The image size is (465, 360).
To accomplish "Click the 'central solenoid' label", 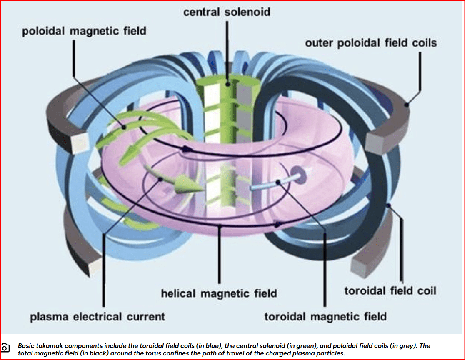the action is click(x=227, y=12).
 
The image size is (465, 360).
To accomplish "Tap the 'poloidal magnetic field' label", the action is click(x=84, y=31).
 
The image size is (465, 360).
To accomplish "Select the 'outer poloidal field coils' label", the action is click(x=371, y=43).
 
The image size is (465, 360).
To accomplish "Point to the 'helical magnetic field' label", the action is click(x=219, y=293).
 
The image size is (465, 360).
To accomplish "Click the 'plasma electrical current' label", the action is click(x=97, y=317).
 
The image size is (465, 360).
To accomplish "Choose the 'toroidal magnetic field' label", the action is click(x=325, y=317).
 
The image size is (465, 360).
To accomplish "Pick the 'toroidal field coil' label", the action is click(x=390, y=290).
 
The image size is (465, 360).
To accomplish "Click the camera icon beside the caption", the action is click(x=5, y=347).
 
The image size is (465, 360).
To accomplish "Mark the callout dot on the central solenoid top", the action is click(x=227, y=84).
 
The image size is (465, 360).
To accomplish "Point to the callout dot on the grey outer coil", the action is click(x=407, y=105).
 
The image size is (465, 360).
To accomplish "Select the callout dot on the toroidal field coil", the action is click(x=388, y=205).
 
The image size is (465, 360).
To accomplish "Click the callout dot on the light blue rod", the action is click(x=278, y=182).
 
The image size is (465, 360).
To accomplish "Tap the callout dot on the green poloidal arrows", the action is click(x=124, y=127).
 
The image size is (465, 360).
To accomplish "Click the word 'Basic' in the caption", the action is click(x=25, y=346).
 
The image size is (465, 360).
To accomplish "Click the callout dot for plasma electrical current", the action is click(x=160, y=180).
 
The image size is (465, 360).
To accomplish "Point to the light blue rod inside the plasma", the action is click(x=273, y=182).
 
